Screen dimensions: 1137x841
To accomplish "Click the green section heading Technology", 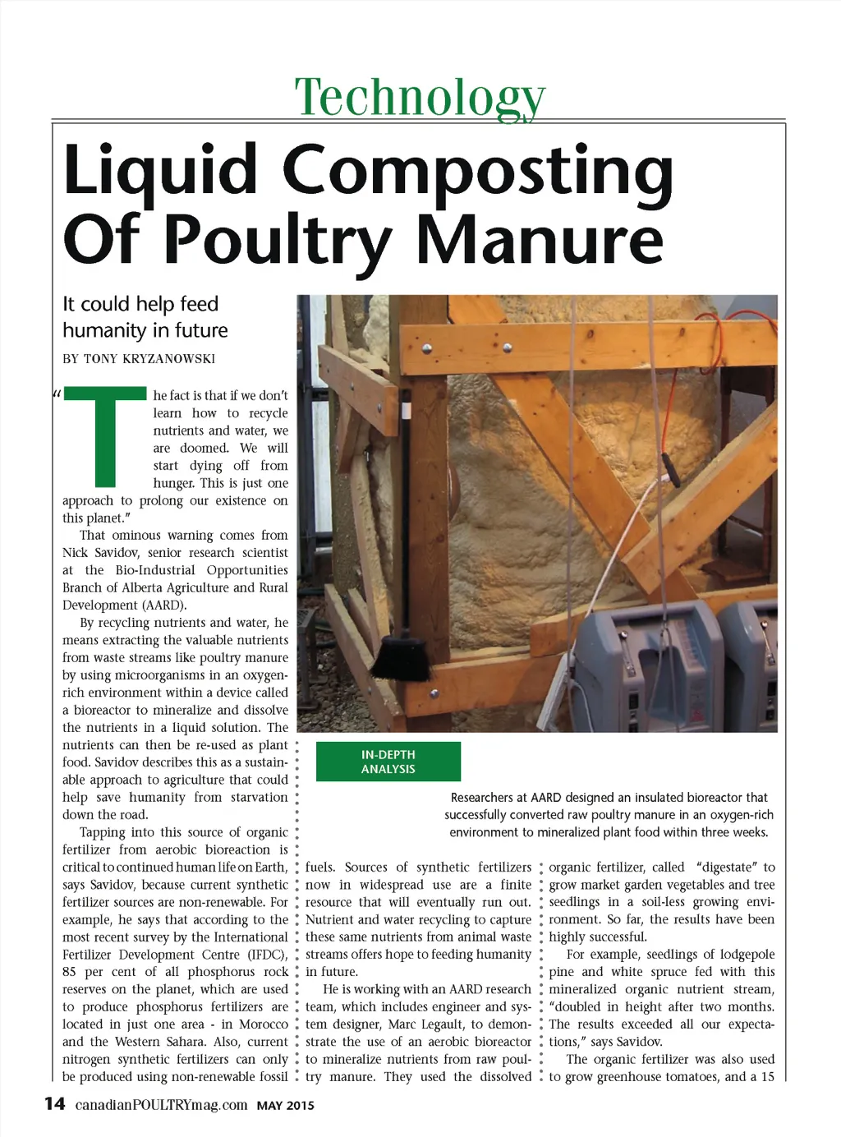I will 420,97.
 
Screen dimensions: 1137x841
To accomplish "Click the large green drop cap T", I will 105,435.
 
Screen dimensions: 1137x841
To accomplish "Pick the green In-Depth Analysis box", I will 388,762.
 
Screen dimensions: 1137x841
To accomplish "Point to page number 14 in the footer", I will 54,1104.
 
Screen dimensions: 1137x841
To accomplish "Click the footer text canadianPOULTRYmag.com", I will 161,1105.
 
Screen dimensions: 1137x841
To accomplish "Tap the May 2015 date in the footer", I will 285,1106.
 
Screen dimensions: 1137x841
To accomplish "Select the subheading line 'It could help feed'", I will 140,304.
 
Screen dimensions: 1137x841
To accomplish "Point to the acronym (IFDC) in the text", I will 267,955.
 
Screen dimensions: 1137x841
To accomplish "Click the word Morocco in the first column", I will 262,1024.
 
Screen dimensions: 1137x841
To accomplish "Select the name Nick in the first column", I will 75,553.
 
